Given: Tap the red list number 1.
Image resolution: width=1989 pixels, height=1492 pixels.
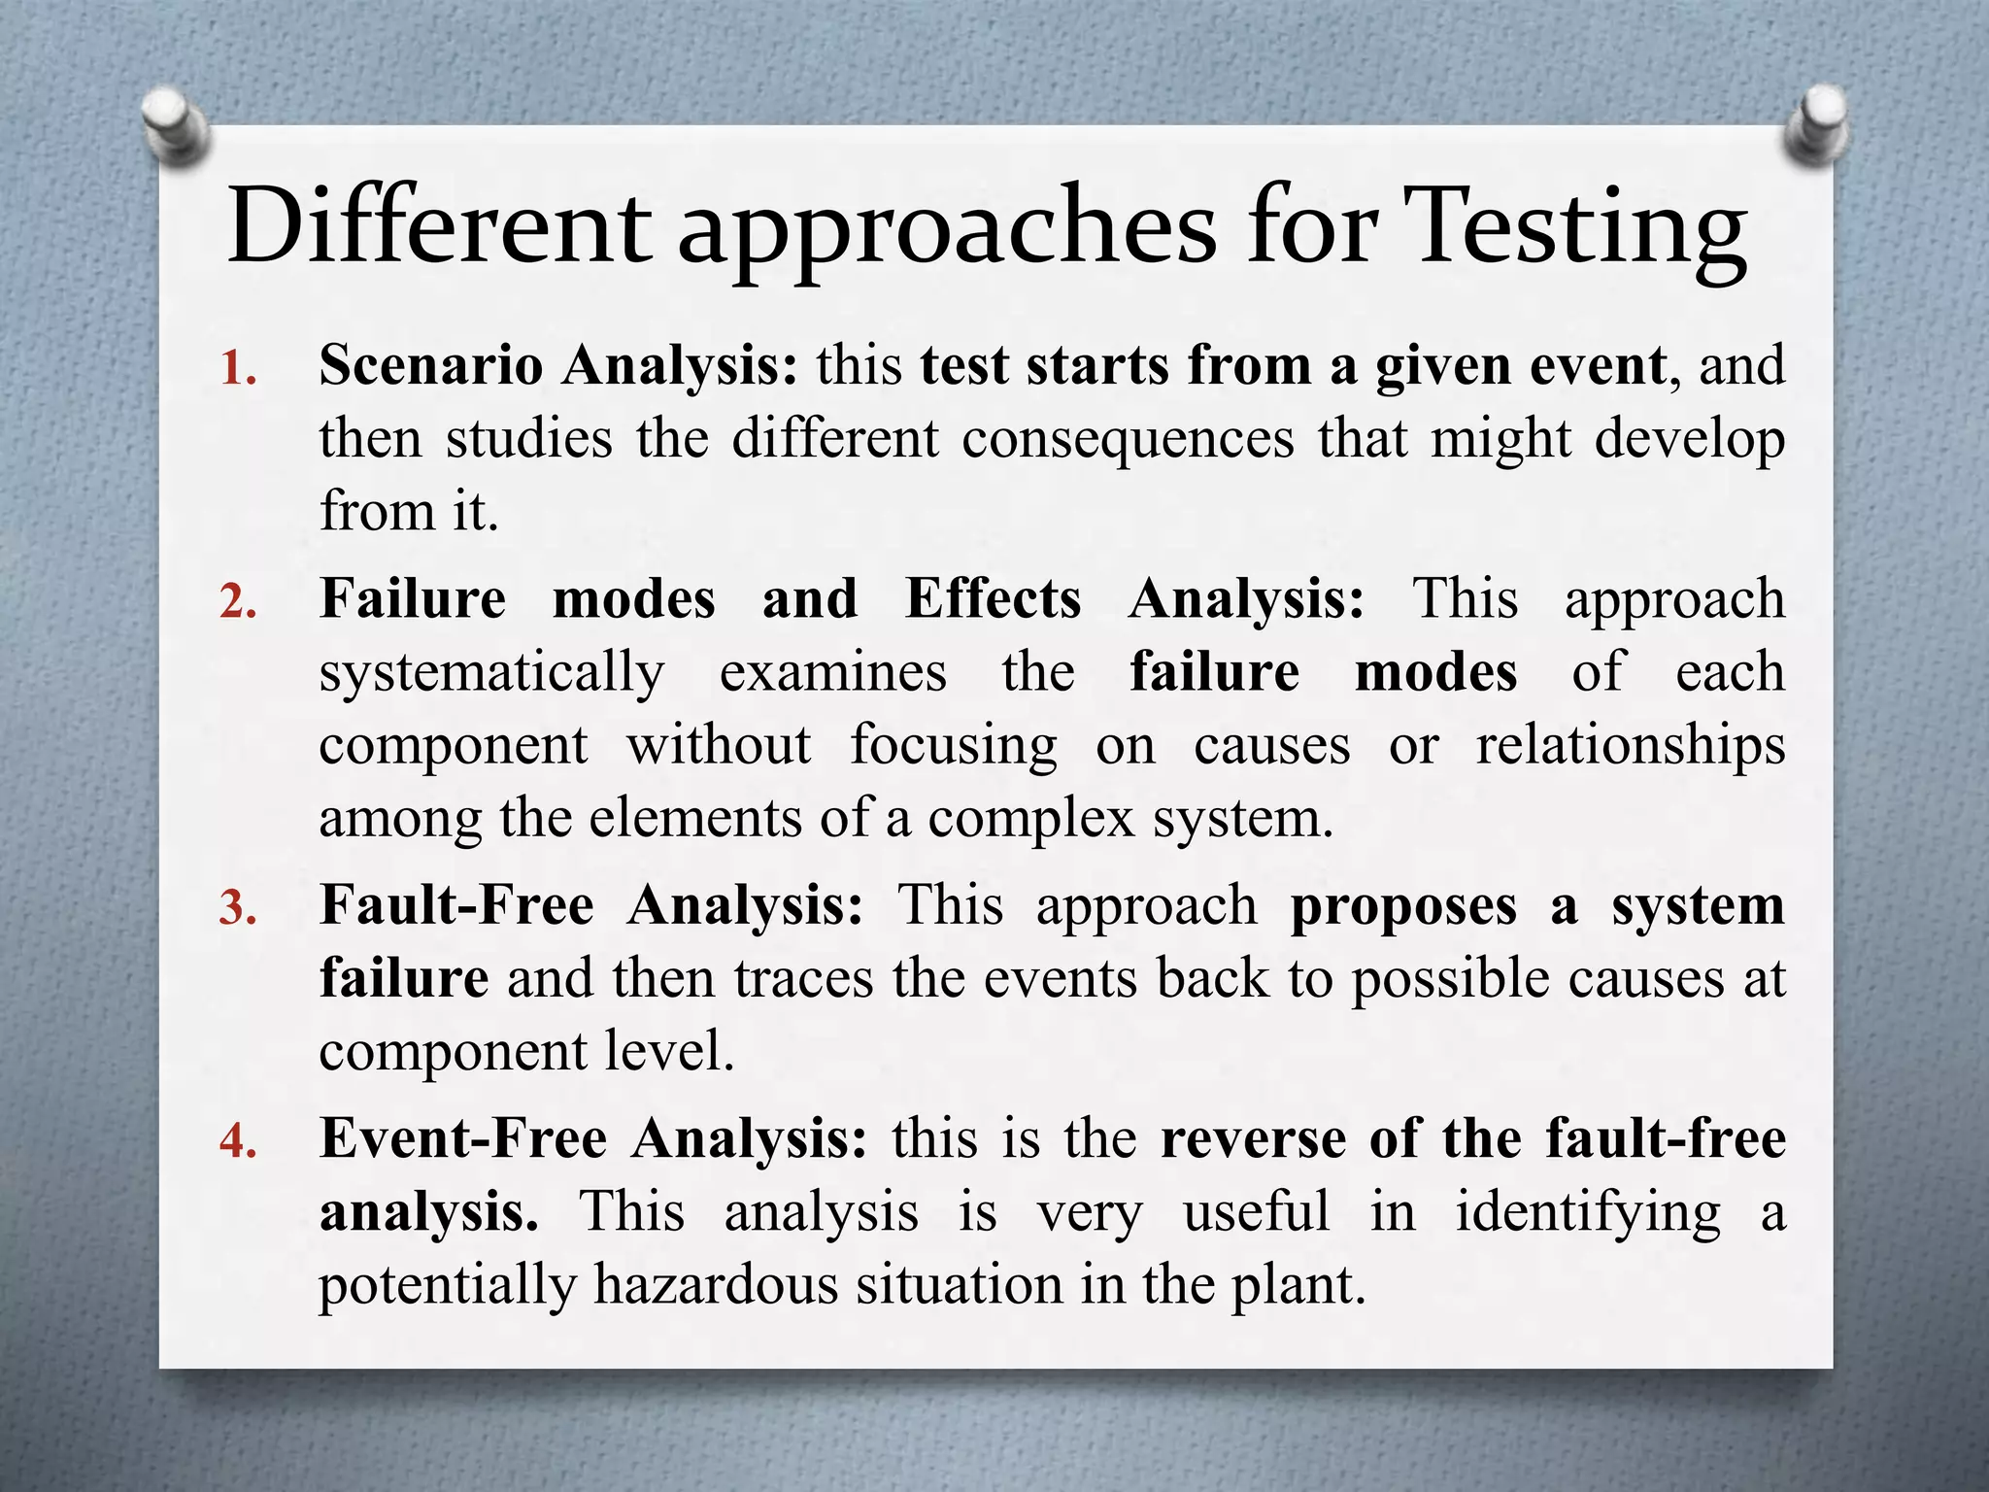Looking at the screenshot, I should point(237,370).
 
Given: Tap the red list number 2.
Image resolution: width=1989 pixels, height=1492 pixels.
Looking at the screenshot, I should point(238,603).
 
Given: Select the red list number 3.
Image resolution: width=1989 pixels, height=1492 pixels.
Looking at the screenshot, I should point(238,909).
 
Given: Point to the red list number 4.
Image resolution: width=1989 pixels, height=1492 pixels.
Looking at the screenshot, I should point(238,1142).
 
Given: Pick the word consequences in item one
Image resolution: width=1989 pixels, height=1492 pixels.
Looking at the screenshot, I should point(1128,439).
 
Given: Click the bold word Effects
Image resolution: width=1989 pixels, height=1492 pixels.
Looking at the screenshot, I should point(993,598).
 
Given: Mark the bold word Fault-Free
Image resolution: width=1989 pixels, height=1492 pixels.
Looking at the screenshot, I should point(456,905).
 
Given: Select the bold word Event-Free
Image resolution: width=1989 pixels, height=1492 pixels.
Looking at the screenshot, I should point(463,1138).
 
